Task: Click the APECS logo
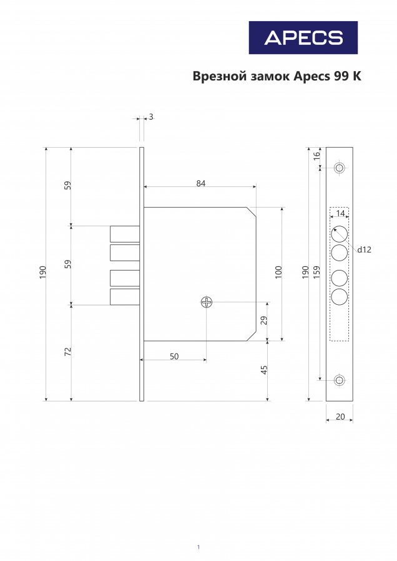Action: [x=303, y=37]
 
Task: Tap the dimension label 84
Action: [x=201, y=183]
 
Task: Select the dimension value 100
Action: [x=278, y=272]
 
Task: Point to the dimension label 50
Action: [x=174, y=357]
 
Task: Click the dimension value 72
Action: [x=67, y=352]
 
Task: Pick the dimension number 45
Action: [x=264, y=370]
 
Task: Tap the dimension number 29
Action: [x=264, y=320]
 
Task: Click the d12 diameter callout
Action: [x=364, y=250]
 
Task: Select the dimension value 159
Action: [x=316, y=272]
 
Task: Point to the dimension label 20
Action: [x=340, y=417]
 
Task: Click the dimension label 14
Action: [x=340, y=214]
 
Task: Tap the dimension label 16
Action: [x=316, y=156]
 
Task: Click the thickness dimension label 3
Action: [x=151, y=117]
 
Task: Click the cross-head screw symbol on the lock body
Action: [x=207, y=302]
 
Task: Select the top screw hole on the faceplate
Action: [x=340, y=168]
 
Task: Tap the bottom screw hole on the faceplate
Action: [x=340, y=380]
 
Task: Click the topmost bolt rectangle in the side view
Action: [x=125, y=234]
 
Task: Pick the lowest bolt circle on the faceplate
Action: [x=340, y=297]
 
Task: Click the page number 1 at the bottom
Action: [x=198, y=547]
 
